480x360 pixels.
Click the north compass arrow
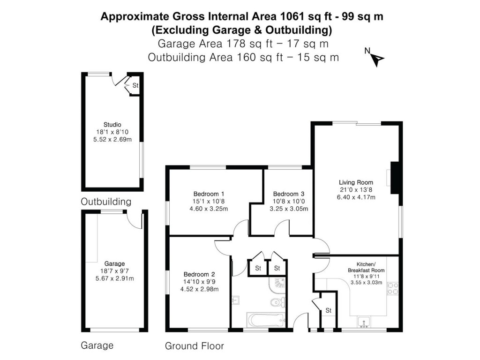click(x=376, y=58)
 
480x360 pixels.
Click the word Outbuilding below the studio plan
click(x=106, y=202)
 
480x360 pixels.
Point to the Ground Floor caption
click(x=194, y=346)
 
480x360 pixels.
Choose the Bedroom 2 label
click(x=199, y=274)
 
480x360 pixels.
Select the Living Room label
click(x=356, y=182)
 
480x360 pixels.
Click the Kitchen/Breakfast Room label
click(x=366, y=267)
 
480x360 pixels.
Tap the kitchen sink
click(x=364, y=322)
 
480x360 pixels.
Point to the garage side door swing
click(x=135, y=221)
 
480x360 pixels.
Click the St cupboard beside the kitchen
click(x=329, y=310)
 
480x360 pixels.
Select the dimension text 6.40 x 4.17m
click(x=356, y=197)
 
